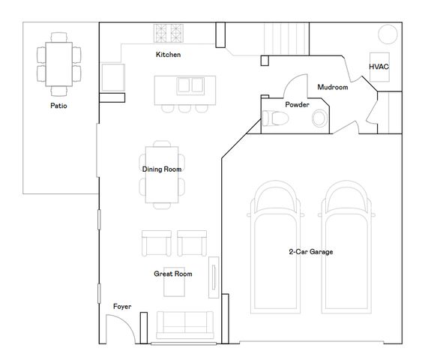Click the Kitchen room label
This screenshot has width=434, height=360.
pos(169,55)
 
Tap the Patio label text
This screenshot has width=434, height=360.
pos(58,106)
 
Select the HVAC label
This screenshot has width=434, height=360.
pos(379,67)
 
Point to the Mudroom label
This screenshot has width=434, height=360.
pos(333,87)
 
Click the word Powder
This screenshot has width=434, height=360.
pos(298,105)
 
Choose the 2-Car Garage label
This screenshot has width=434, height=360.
pos(311,252)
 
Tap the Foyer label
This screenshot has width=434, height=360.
pos(122,307)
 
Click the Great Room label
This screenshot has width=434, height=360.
pos(173,274)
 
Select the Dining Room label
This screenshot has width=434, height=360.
pos(162,169)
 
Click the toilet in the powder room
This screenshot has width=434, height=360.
pos(275,118)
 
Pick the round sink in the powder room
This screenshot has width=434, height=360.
pos(320,118)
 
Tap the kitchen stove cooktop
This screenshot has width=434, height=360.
pos(169,33)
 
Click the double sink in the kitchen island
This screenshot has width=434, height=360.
pos(190,85)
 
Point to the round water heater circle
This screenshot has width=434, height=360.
pos(388,34)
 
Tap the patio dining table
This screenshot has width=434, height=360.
pos(59,64)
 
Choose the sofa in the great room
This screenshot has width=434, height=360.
pos(185,325)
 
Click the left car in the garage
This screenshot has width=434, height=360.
pos(275,247)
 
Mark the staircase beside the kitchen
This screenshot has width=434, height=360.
pos(286,39)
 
